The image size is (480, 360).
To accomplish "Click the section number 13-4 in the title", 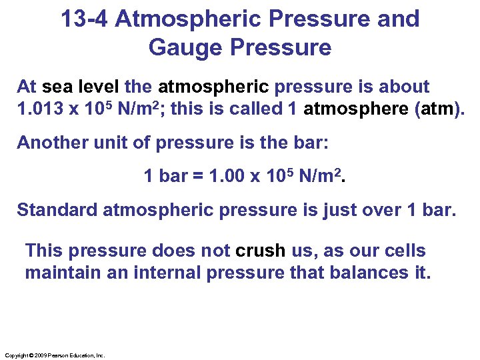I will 85,19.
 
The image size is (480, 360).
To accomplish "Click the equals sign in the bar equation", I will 198,177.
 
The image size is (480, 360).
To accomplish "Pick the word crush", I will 261,251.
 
